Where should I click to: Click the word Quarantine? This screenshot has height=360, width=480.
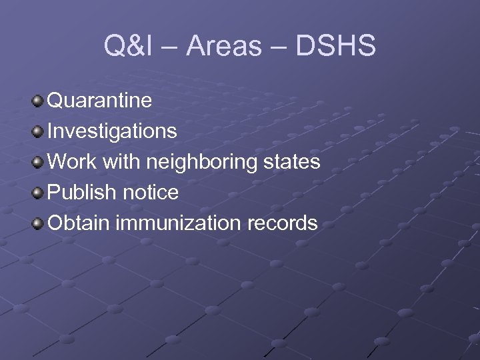100,101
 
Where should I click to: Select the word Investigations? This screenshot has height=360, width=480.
113,131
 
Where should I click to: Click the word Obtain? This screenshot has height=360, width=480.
79,223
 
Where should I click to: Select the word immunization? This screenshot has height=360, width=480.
181,223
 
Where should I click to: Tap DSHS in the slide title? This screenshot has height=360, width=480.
334,47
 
